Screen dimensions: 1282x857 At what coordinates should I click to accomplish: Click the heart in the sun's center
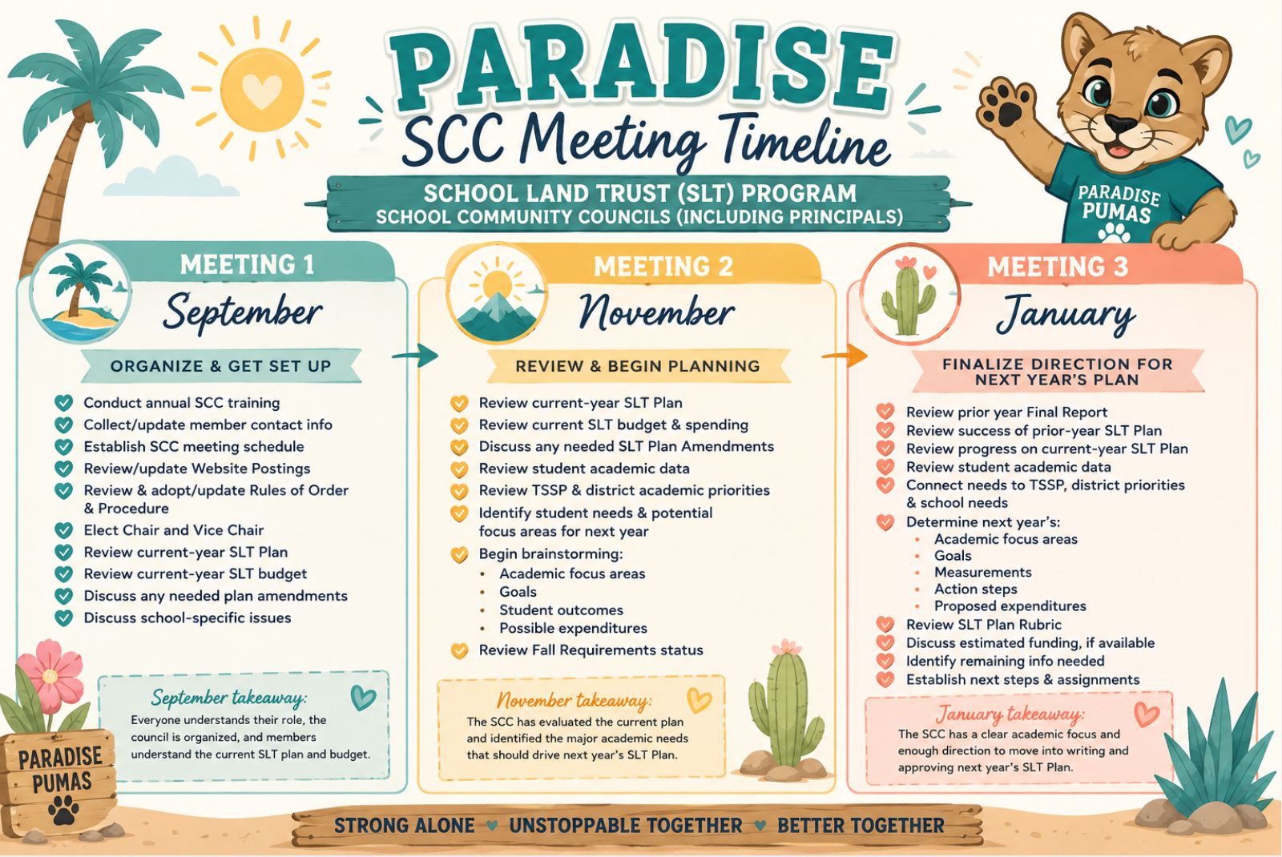coord(262,91)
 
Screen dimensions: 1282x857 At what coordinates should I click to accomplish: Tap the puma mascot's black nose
coord(1120,124)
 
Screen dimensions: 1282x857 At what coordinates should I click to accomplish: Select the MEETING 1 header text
coord(248,265)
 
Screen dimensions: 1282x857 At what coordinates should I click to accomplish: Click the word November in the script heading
coord(656,312)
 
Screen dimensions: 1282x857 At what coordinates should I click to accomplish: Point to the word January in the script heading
coord(1066,315)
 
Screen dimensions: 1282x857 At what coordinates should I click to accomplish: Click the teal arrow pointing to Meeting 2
coord(416,356)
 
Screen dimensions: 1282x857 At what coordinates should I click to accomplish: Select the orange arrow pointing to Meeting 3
coord(845,356)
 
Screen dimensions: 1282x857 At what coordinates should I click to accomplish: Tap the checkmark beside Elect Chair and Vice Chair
coord(63,530)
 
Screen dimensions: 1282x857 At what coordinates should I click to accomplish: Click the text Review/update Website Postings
coord(197,469)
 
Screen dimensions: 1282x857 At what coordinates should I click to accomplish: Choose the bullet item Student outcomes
coord(561,610)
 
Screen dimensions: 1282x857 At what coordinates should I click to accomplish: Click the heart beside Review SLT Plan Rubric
coord(885,624)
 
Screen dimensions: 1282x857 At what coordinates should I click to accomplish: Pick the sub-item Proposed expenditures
coord(1010,606)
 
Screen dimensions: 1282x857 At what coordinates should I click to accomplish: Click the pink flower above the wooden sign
coord(50,675)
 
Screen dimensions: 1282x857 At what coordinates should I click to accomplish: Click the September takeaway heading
coord(229,698)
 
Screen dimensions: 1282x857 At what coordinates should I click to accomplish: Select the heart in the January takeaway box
coord(1147,714)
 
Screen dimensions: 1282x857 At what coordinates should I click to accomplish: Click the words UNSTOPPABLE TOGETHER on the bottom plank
coord(626,826)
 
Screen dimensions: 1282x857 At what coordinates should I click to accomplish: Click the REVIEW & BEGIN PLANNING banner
coord(638,366)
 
